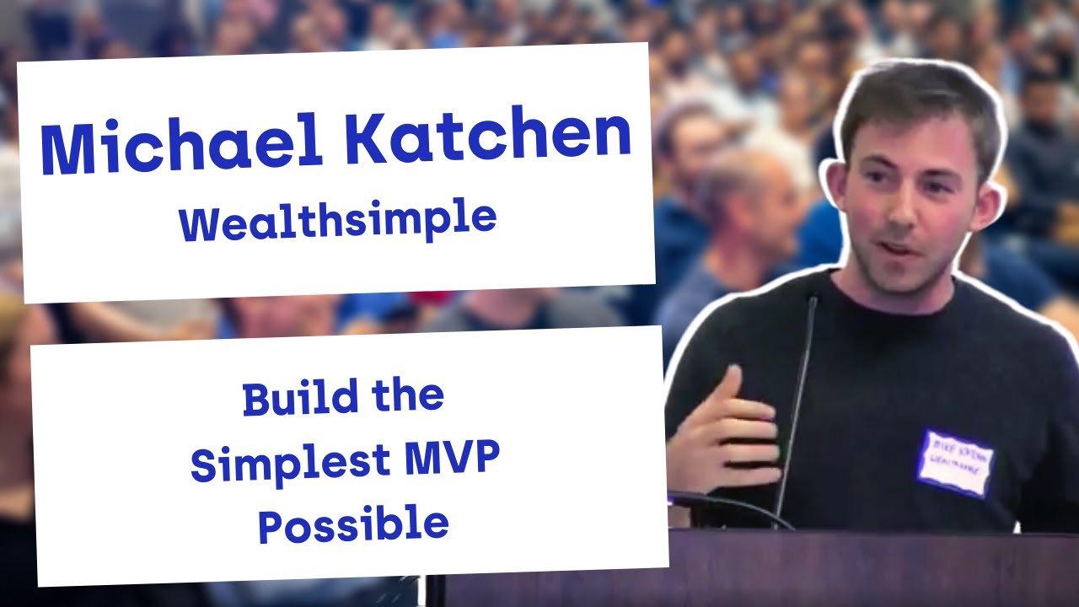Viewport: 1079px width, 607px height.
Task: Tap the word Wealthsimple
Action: point(337,221)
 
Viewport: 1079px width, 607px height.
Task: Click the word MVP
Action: point(451,460)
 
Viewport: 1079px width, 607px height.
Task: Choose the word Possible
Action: point(353,524)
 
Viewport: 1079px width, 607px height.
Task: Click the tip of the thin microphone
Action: point(813,300)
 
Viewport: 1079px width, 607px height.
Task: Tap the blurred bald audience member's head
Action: point(742,181)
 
